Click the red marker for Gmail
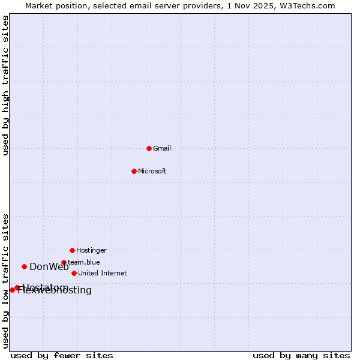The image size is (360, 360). click(149, 148)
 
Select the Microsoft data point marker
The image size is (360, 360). click(134, 171)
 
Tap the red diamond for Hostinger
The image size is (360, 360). click(72, 250)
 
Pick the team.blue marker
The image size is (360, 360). click(64, 262)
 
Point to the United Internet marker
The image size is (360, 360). click(74, 273)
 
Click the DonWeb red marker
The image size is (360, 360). click(24, 266)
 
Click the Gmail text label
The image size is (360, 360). click(162, 149)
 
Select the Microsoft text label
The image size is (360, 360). click(152, 172)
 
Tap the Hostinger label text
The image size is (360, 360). click(91, 250)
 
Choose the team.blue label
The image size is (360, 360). click(84, 262)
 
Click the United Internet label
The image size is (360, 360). click(102, 274)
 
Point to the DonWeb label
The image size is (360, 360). click(49, 267)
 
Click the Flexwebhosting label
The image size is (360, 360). click(55, 291)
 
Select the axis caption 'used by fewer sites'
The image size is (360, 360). click(62, 356)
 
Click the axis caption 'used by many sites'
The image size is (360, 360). click(301, 356)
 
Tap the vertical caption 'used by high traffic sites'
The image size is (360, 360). click(5, 86)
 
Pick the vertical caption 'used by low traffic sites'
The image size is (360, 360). click(5, 281)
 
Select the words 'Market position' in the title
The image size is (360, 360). click(53, 5)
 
